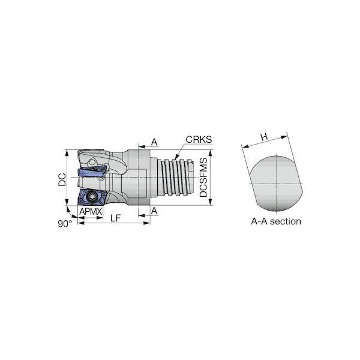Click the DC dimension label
click(62, 179)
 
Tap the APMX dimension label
click(91, 211)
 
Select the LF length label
click(115, 218)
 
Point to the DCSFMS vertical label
click(203, 177)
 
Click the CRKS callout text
click(199, 140)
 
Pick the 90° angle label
click(65, 224)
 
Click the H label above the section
click(264, 137)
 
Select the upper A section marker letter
click(154, 142)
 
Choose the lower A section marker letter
click(154, 211)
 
